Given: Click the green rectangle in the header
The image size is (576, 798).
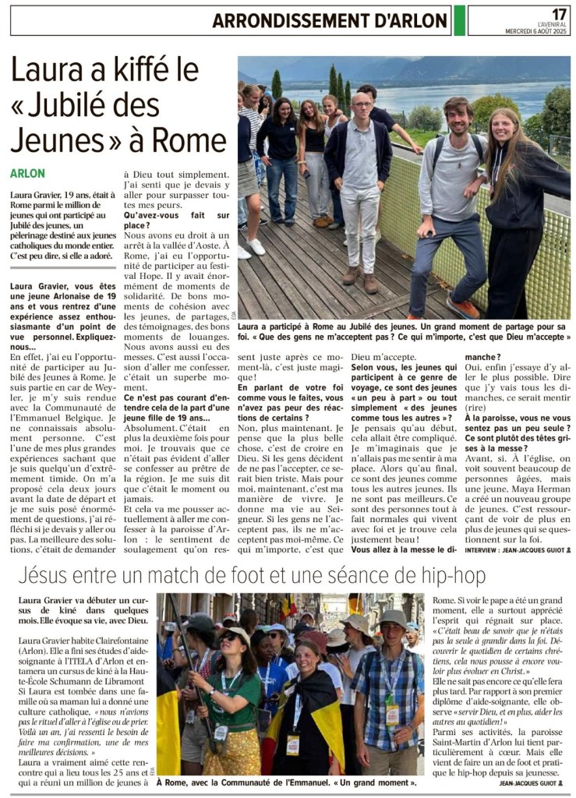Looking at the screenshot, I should pos(460,20).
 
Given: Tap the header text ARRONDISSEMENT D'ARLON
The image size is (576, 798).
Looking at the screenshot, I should pos(330,21).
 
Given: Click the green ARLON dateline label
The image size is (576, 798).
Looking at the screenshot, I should pos(28,173).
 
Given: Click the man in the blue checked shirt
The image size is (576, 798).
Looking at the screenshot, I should pos(390,686).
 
